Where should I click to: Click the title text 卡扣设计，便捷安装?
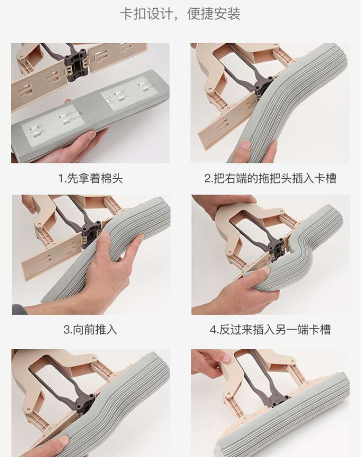[x=180, y=14]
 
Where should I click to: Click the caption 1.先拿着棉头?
[x=90, y=178]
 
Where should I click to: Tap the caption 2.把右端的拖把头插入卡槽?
[x=270, y=178]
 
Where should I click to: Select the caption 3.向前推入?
[x=90, y=330]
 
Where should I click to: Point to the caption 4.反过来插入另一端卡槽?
[x=270, y=330]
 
